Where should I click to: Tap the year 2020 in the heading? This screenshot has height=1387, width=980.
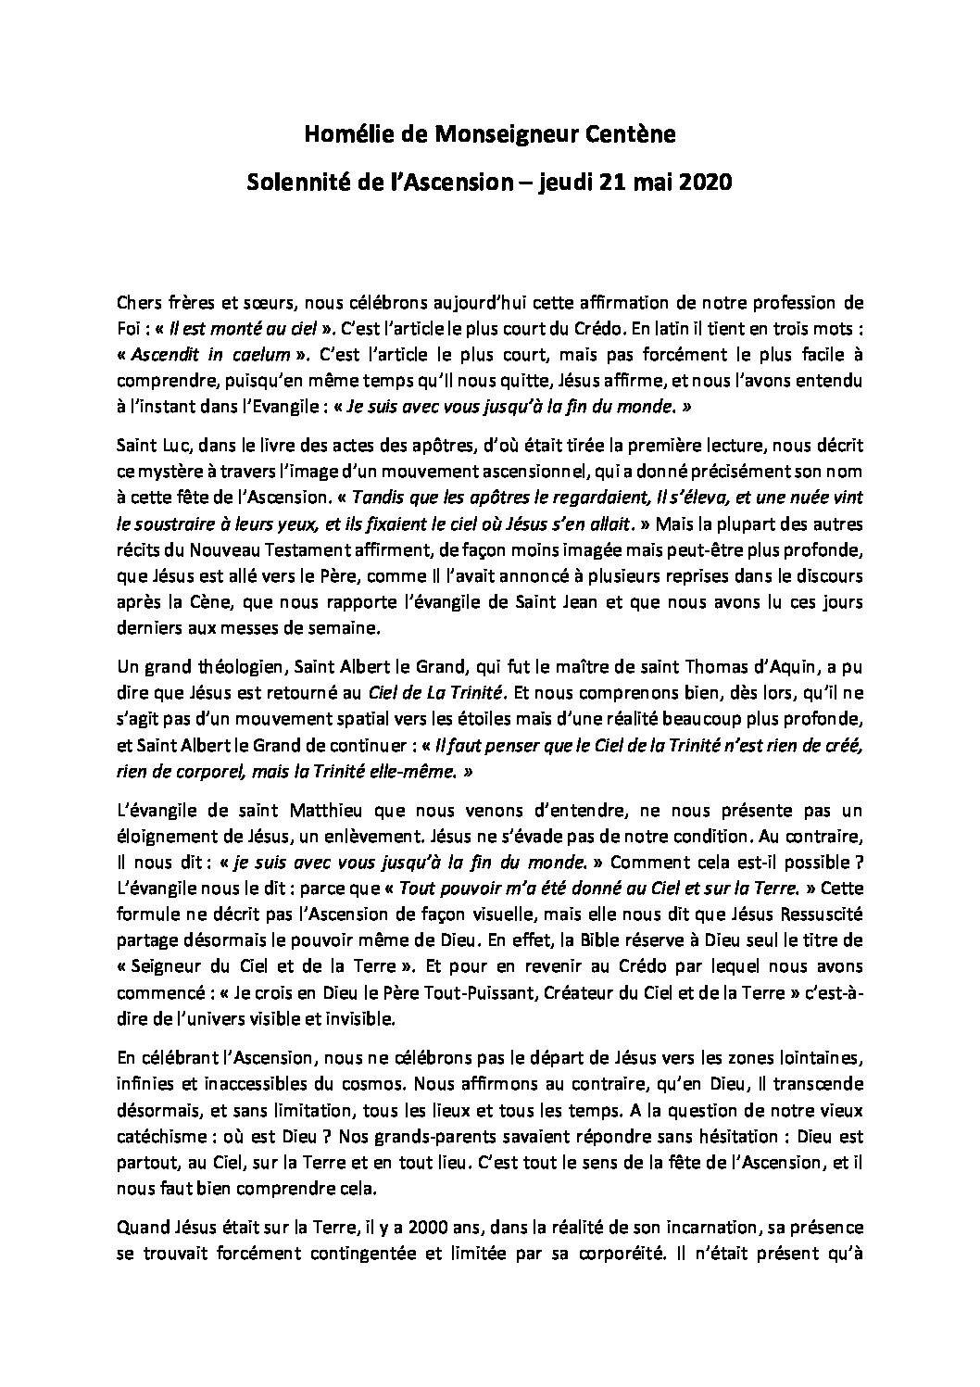[705, 183]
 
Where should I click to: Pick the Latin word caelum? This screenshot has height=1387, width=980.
[265, 354]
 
